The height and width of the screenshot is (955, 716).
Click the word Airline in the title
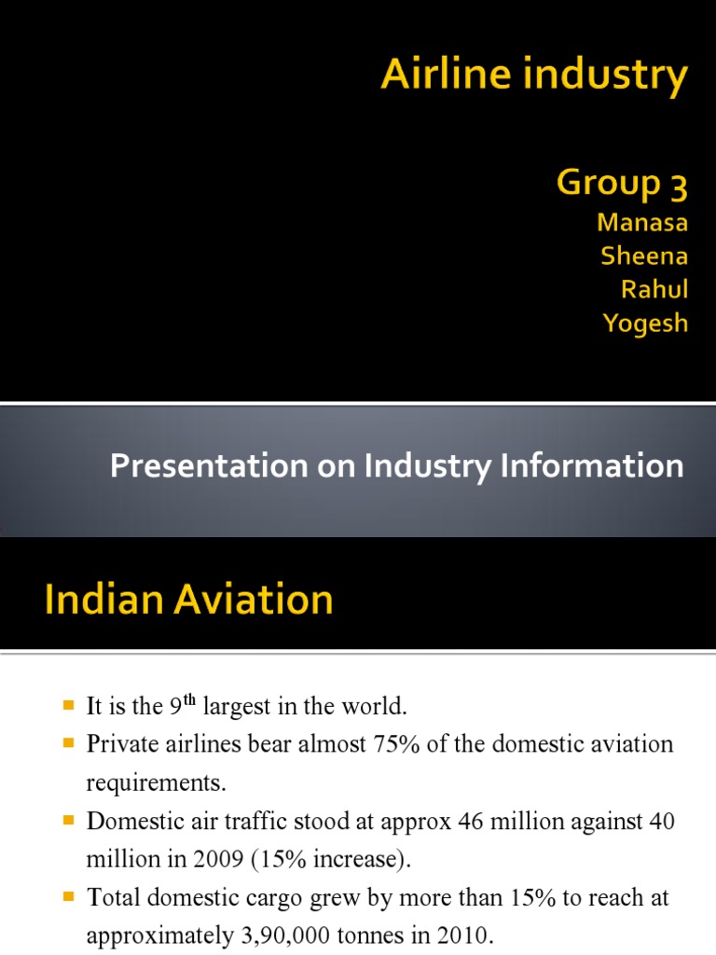tap(436, 75)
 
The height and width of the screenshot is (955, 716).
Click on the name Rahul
tap(654, 289)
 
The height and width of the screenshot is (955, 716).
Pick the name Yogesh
tap(646, 324)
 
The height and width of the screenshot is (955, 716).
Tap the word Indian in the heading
tap(100, 599)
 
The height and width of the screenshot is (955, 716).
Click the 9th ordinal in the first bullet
tap(182, 706)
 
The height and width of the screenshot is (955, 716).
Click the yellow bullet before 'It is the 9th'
tap(68, 706)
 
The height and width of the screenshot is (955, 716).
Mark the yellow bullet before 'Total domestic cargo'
tap(68, 897)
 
